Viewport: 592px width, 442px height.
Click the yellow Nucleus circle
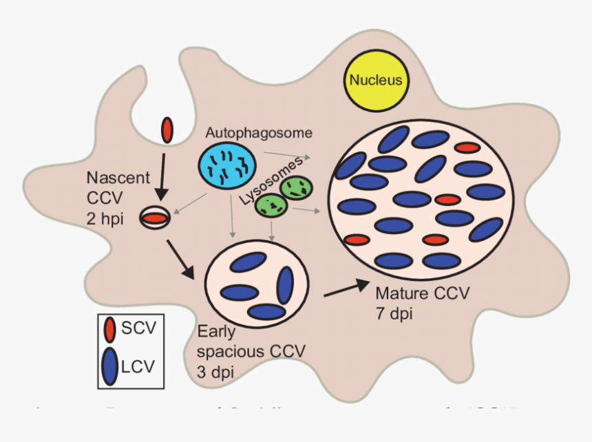click(376, 81)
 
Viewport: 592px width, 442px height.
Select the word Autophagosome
click(258, 131)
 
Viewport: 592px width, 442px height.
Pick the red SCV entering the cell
click(167, 129)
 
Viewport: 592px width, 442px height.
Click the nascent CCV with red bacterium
click(156, 218)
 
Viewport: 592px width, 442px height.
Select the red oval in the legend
click(109, 330)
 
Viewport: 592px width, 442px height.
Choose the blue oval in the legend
click(109, 365)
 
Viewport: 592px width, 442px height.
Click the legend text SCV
click(139, 329)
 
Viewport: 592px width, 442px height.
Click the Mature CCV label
click(422, 294)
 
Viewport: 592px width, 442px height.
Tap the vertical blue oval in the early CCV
click(285, 285)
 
